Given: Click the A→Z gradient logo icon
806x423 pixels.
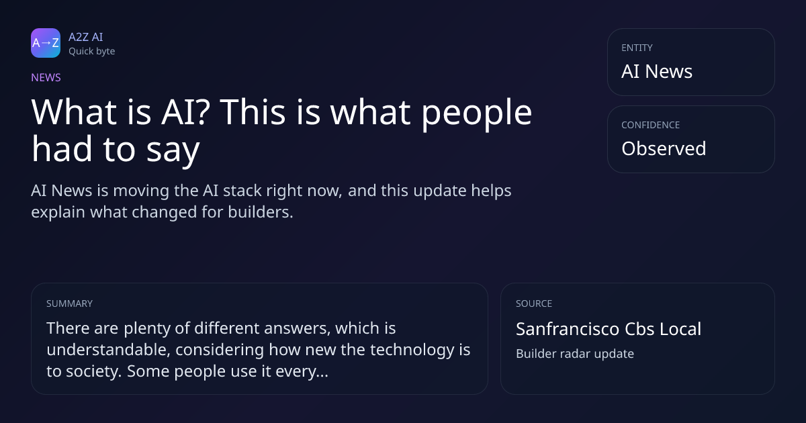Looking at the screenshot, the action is click(x=46, y=43).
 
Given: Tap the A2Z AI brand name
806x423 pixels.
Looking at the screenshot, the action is click(x=86, y=37).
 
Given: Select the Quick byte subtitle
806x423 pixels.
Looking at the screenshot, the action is click(x=92, y=52).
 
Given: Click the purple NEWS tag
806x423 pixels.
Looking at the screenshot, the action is click(x=46, y=77).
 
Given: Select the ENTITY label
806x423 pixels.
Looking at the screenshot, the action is click(x=637, y=48).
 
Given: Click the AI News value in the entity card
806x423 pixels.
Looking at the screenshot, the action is click(x=657, y=71).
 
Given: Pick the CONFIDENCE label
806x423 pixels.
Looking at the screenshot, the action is click(x=651, y=125).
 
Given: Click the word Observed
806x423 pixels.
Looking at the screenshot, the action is click(x=664, y=148).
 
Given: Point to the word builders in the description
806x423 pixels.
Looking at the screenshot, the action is click(x=261, y=211).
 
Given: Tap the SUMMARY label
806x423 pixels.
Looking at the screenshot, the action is click(x=69, y=303).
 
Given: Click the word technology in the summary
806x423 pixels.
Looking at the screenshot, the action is click(x=412, y=350).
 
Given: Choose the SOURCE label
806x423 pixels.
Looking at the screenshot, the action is click(x=534, y=303).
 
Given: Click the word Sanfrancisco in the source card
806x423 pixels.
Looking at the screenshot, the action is click(x=568, y=329).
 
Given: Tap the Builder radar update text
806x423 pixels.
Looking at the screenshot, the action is click(x=575, y=354).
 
